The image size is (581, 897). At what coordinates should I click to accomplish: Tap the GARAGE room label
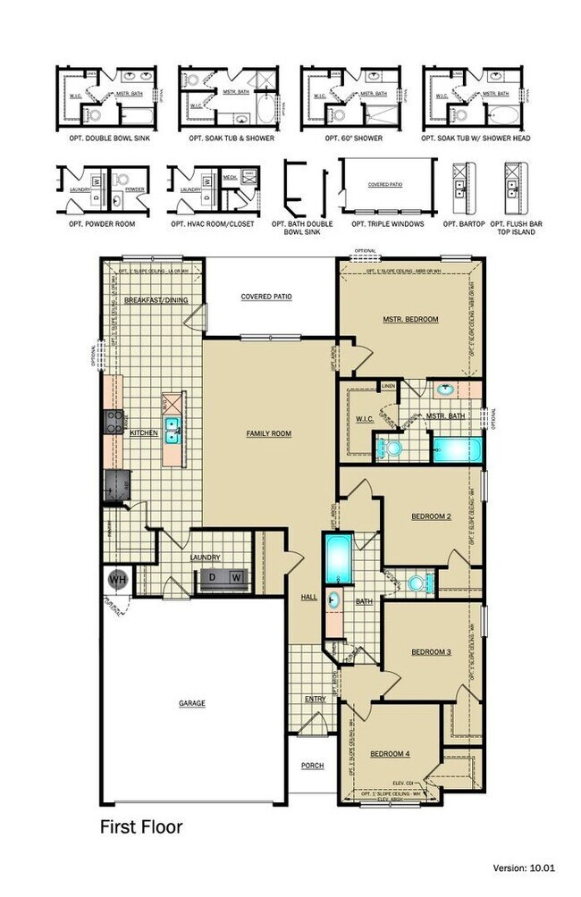[191, 703]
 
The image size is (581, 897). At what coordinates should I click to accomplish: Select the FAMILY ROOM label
[269, 433]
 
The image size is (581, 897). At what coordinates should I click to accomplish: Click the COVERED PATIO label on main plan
[267, 297]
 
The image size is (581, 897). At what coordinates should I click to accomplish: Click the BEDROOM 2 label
[430, 516]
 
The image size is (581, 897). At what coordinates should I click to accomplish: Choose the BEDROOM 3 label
[430, 652]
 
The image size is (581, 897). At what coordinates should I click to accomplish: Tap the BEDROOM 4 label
[390, 753]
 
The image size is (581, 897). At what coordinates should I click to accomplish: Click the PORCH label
[312, 766]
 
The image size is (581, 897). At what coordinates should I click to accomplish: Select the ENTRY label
[315, 699]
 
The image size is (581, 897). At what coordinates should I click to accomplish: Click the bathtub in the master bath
[458, 448]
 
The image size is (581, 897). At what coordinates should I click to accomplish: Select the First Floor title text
[140, 827]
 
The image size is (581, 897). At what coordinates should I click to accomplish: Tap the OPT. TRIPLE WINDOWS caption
[387, 223]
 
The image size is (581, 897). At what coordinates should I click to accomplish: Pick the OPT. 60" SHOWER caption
[342, 138]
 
